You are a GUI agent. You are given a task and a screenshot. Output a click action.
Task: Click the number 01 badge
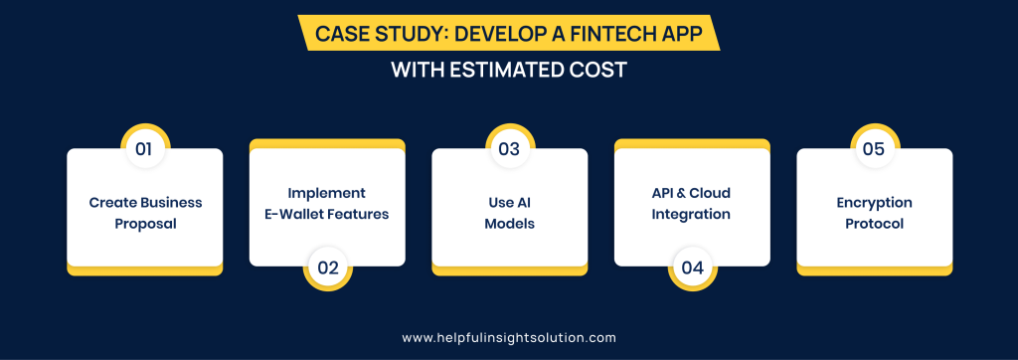144,149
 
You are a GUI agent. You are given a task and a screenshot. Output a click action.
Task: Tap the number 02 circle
328,268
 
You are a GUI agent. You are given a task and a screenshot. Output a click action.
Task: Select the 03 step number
510,149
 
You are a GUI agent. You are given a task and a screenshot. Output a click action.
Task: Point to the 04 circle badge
693,268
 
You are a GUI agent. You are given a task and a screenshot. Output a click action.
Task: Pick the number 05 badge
875,149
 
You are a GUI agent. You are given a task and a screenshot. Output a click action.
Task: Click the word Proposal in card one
145,225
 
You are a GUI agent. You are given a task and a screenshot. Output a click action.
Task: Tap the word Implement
327,193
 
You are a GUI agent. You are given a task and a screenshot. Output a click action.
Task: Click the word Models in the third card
510,224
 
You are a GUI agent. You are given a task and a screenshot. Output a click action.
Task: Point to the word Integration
692,215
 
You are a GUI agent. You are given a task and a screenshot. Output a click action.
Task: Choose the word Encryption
875,204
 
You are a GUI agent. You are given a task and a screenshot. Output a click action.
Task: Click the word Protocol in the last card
875,224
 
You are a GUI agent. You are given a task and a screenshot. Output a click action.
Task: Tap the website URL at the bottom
509,338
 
